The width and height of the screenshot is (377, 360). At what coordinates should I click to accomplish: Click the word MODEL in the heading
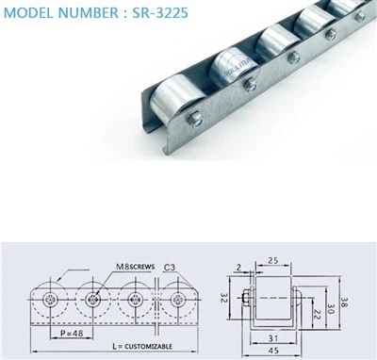point(35,14)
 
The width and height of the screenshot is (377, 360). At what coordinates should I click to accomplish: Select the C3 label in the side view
point(170,267)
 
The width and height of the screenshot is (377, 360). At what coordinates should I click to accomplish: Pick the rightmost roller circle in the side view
point(176,301)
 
